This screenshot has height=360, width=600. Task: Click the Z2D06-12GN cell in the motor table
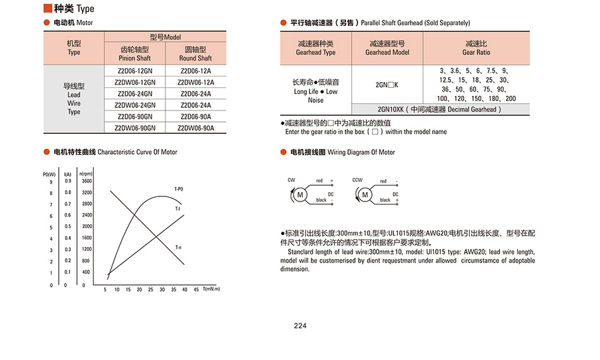(135, 71)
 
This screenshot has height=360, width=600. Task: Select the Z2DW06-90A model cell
(196, 128)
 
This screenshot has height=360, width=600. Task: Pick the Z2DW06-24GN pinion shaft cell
(135, 105)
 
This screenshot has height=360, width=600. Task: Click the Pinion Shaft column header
(135, 54)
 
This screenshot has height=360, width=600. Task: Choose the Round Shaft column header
(196, 54)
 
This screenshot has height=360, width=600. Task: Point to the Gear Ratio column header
(476, 48)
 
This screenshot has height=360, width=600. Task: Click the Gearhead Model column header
(387, 48)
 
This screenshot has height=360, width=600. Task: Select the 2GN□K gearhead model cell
(387, 84)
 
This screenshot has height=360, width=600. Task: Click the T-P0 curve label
(179, 189)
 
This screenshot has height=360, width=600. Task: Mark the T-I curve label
(178, 208)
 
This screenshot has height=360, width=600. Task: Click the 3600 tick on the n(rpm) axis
(87, 181)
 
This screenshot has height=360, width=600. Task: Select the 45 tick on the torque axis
(196, 290)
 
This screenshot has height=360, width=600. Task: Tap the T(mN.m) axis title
(212, 289)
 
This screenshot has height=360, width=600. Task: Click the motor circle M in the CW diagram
(301, 195)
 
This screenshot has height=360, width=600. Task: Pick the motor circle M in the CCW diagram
(365, 195)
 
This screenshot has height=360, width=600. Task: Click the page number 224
(300, 327)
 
